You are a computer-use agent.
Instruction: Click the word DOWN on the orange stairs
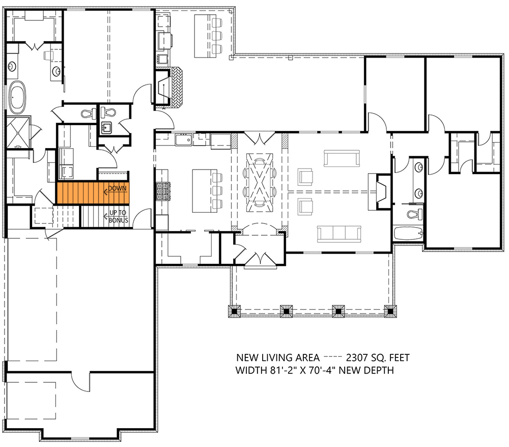tap(117, 189)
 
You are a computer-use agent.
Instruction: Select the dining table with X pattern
tap(259, 181)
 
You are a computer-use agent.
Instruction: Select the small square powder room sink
tap(107, 128)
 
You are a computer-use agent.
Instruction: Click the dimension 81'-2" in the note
tap(281, 370)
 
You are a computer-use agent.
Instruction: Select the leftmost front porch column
tap(235, 311)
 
